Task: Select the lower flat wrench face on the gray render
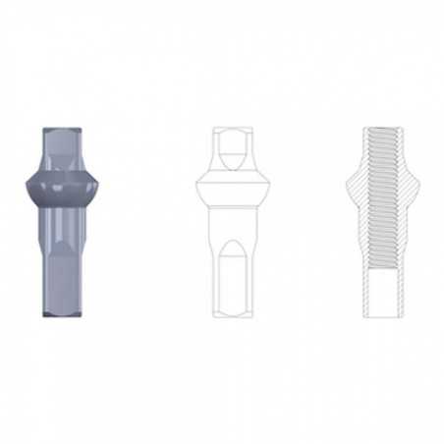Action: pos(60,280)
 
